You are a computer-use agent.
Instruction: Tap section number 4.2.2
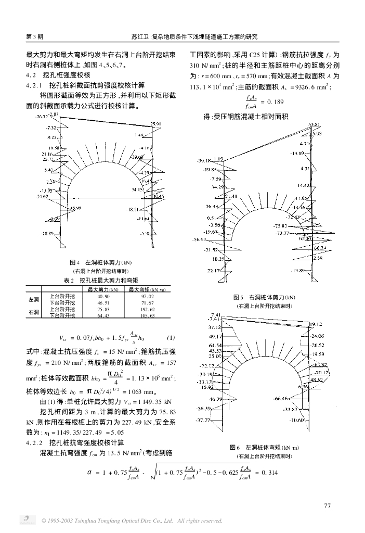tap(36, 442)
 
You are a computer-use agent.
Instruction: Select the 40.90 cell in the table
tap(104, 296)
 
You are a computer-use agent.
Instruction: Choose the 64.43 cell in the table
tap(104, 315)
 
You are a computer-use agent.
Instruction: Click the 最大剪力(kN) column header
tap(104, 289)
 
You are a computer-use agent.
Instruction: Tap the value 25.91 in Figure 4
tap(156, 124)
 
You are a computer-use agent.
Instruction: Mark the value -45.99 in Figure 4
tap(75, 208)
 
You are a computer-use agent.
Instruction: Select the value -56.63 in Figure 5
tap(199, 240)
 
